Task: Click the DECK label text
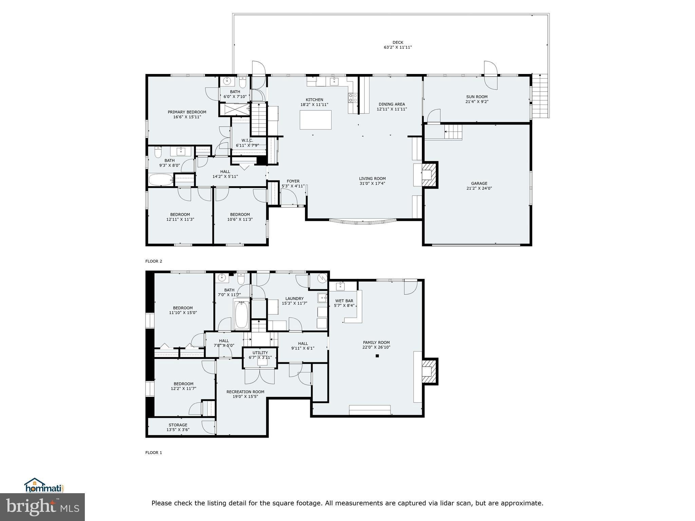click(x=398, y=42)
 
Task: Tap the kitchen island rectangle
click(x=315, y=120)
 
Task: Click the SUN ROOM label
click(x=476, y=97)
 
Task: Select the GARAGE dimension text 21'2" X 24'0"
click(x=479, y=188)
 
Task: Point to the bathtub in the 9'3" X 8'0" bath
click(x=161, y=180)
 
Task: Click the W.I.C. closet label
click(x=247, y=140)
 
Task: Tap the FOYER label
click(x=293, y=181)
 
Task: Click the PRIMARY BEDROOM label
click(x=187, y=112)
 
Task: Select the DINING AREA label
click(x=392, y=104)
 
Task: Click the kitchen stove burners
click(x=353, y=98)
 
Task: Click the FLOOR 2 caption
click(x=154, y=261)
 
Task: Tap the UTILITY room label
click(x=260, y=353)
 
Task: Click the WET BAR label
click(x=344, y=301)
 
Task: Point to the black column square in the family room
click(x=377, y=356)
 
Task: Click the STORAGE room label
click(x=178, y=425)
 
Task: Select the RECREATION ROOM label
click(x=245, y=392)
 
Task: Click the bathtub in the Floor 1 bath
click(x=241, y=315)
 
